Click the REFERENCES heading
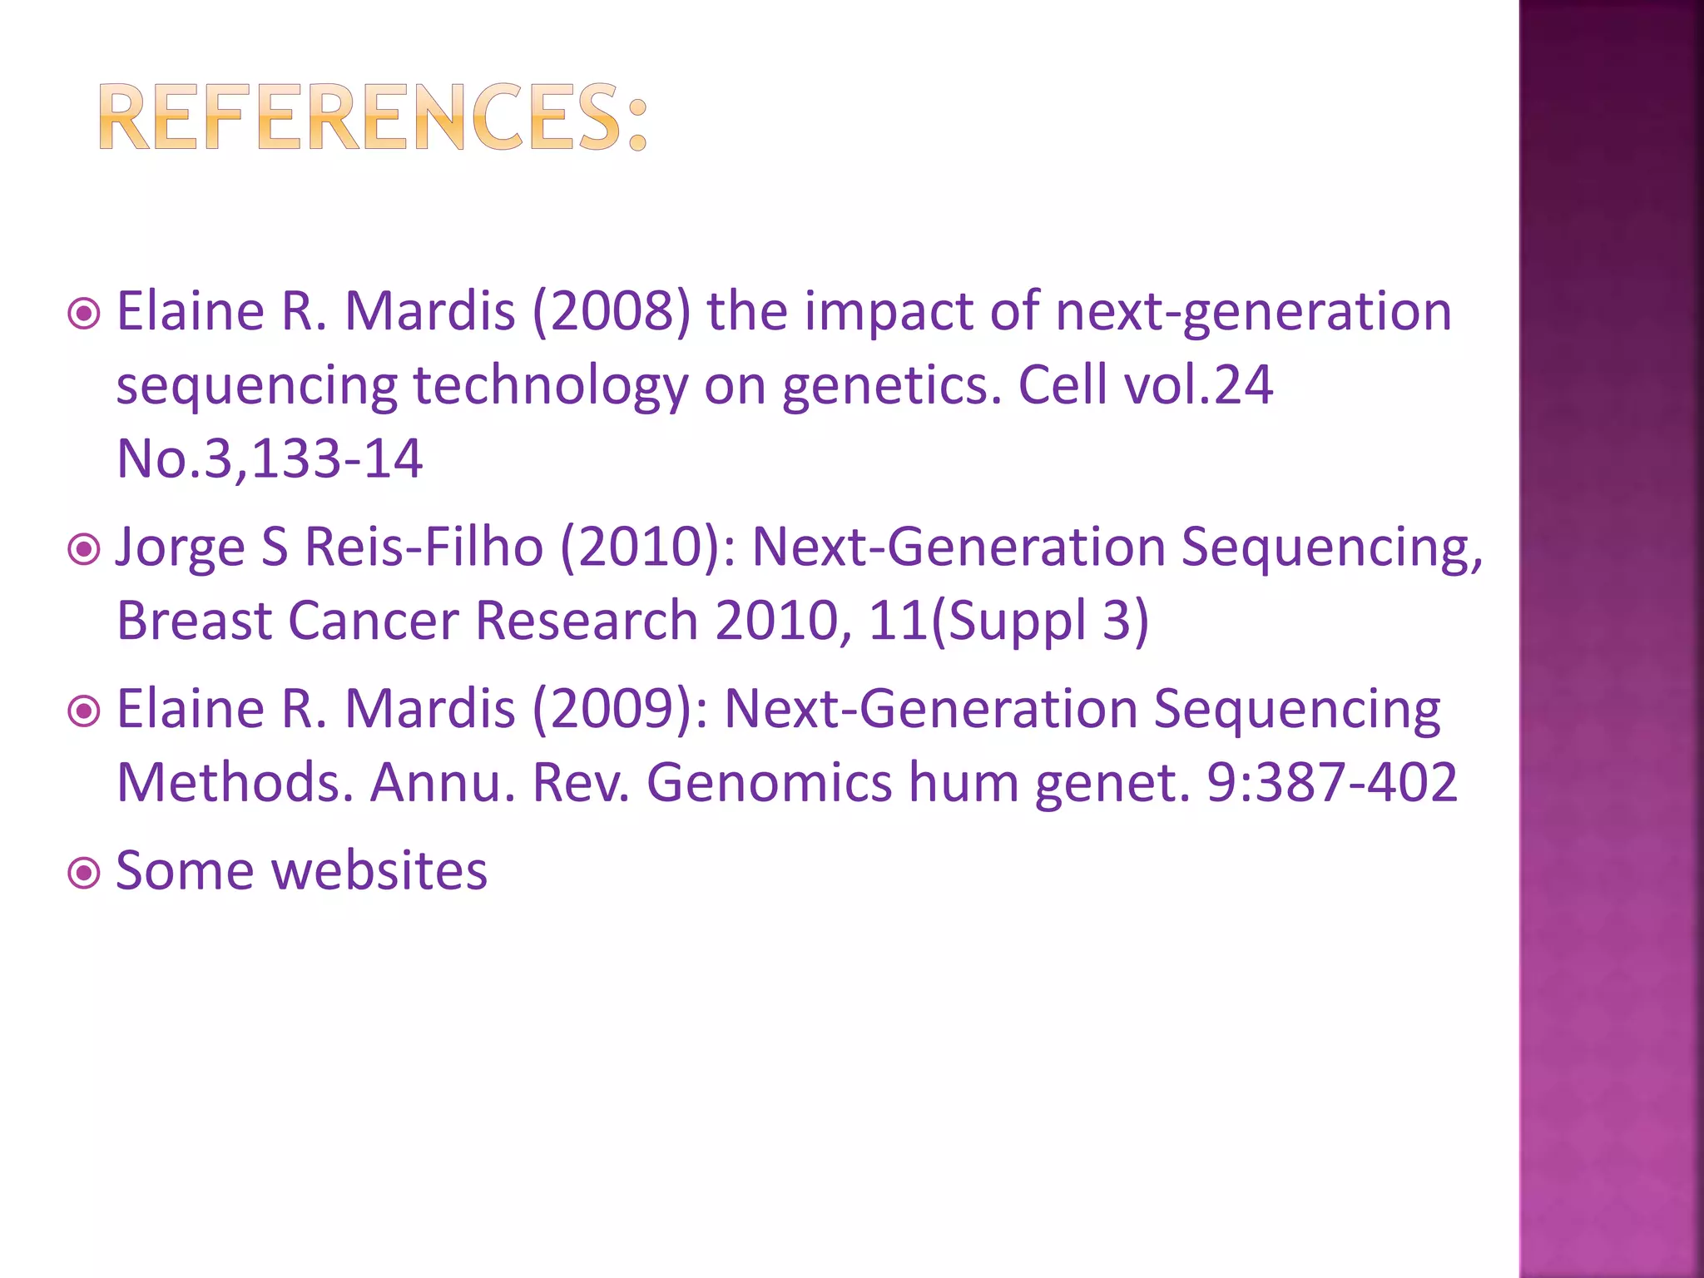(373, 118)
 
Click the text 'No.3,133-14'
(270, 459)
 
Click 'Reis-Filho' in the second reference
(424, 547)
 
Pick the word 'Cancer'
(374, 622)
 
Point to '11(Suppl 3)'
(1008, 622)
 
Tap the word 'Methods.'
(235, 784)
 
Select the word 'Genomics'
(770, 784)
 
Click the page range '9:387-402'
(1332, 784)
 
